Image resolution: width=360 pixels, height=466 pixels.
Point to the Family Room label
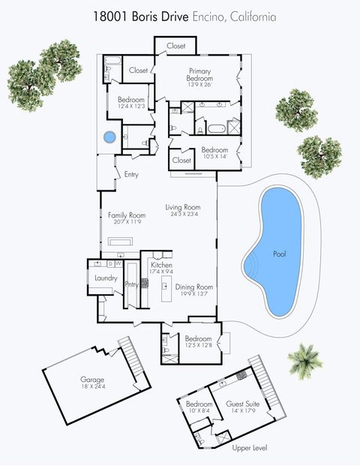click(126, 215)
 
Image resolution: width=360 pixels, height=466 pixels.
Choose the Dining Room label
click(194, 287)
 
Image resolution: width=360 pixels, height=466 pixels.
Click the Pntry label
click(132, 284)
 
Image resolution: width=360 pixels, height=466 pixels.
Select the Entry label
click(131, 175)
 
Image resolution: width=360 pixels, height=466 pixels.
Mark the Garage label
click(93, 380)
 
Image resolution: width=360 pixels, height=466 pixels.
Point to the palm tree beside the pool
click(305, 359)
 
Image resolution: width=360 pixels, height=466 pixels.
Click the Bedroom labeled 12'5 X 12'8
click(197, 338)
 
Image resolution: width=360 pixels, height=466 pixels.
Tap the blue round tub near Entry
click(109, 138)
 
